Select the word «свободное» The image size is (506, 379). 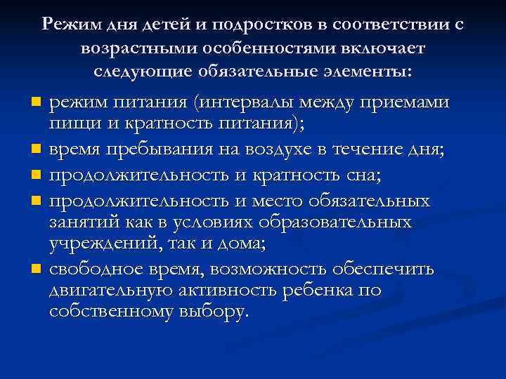pos(102,270)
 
